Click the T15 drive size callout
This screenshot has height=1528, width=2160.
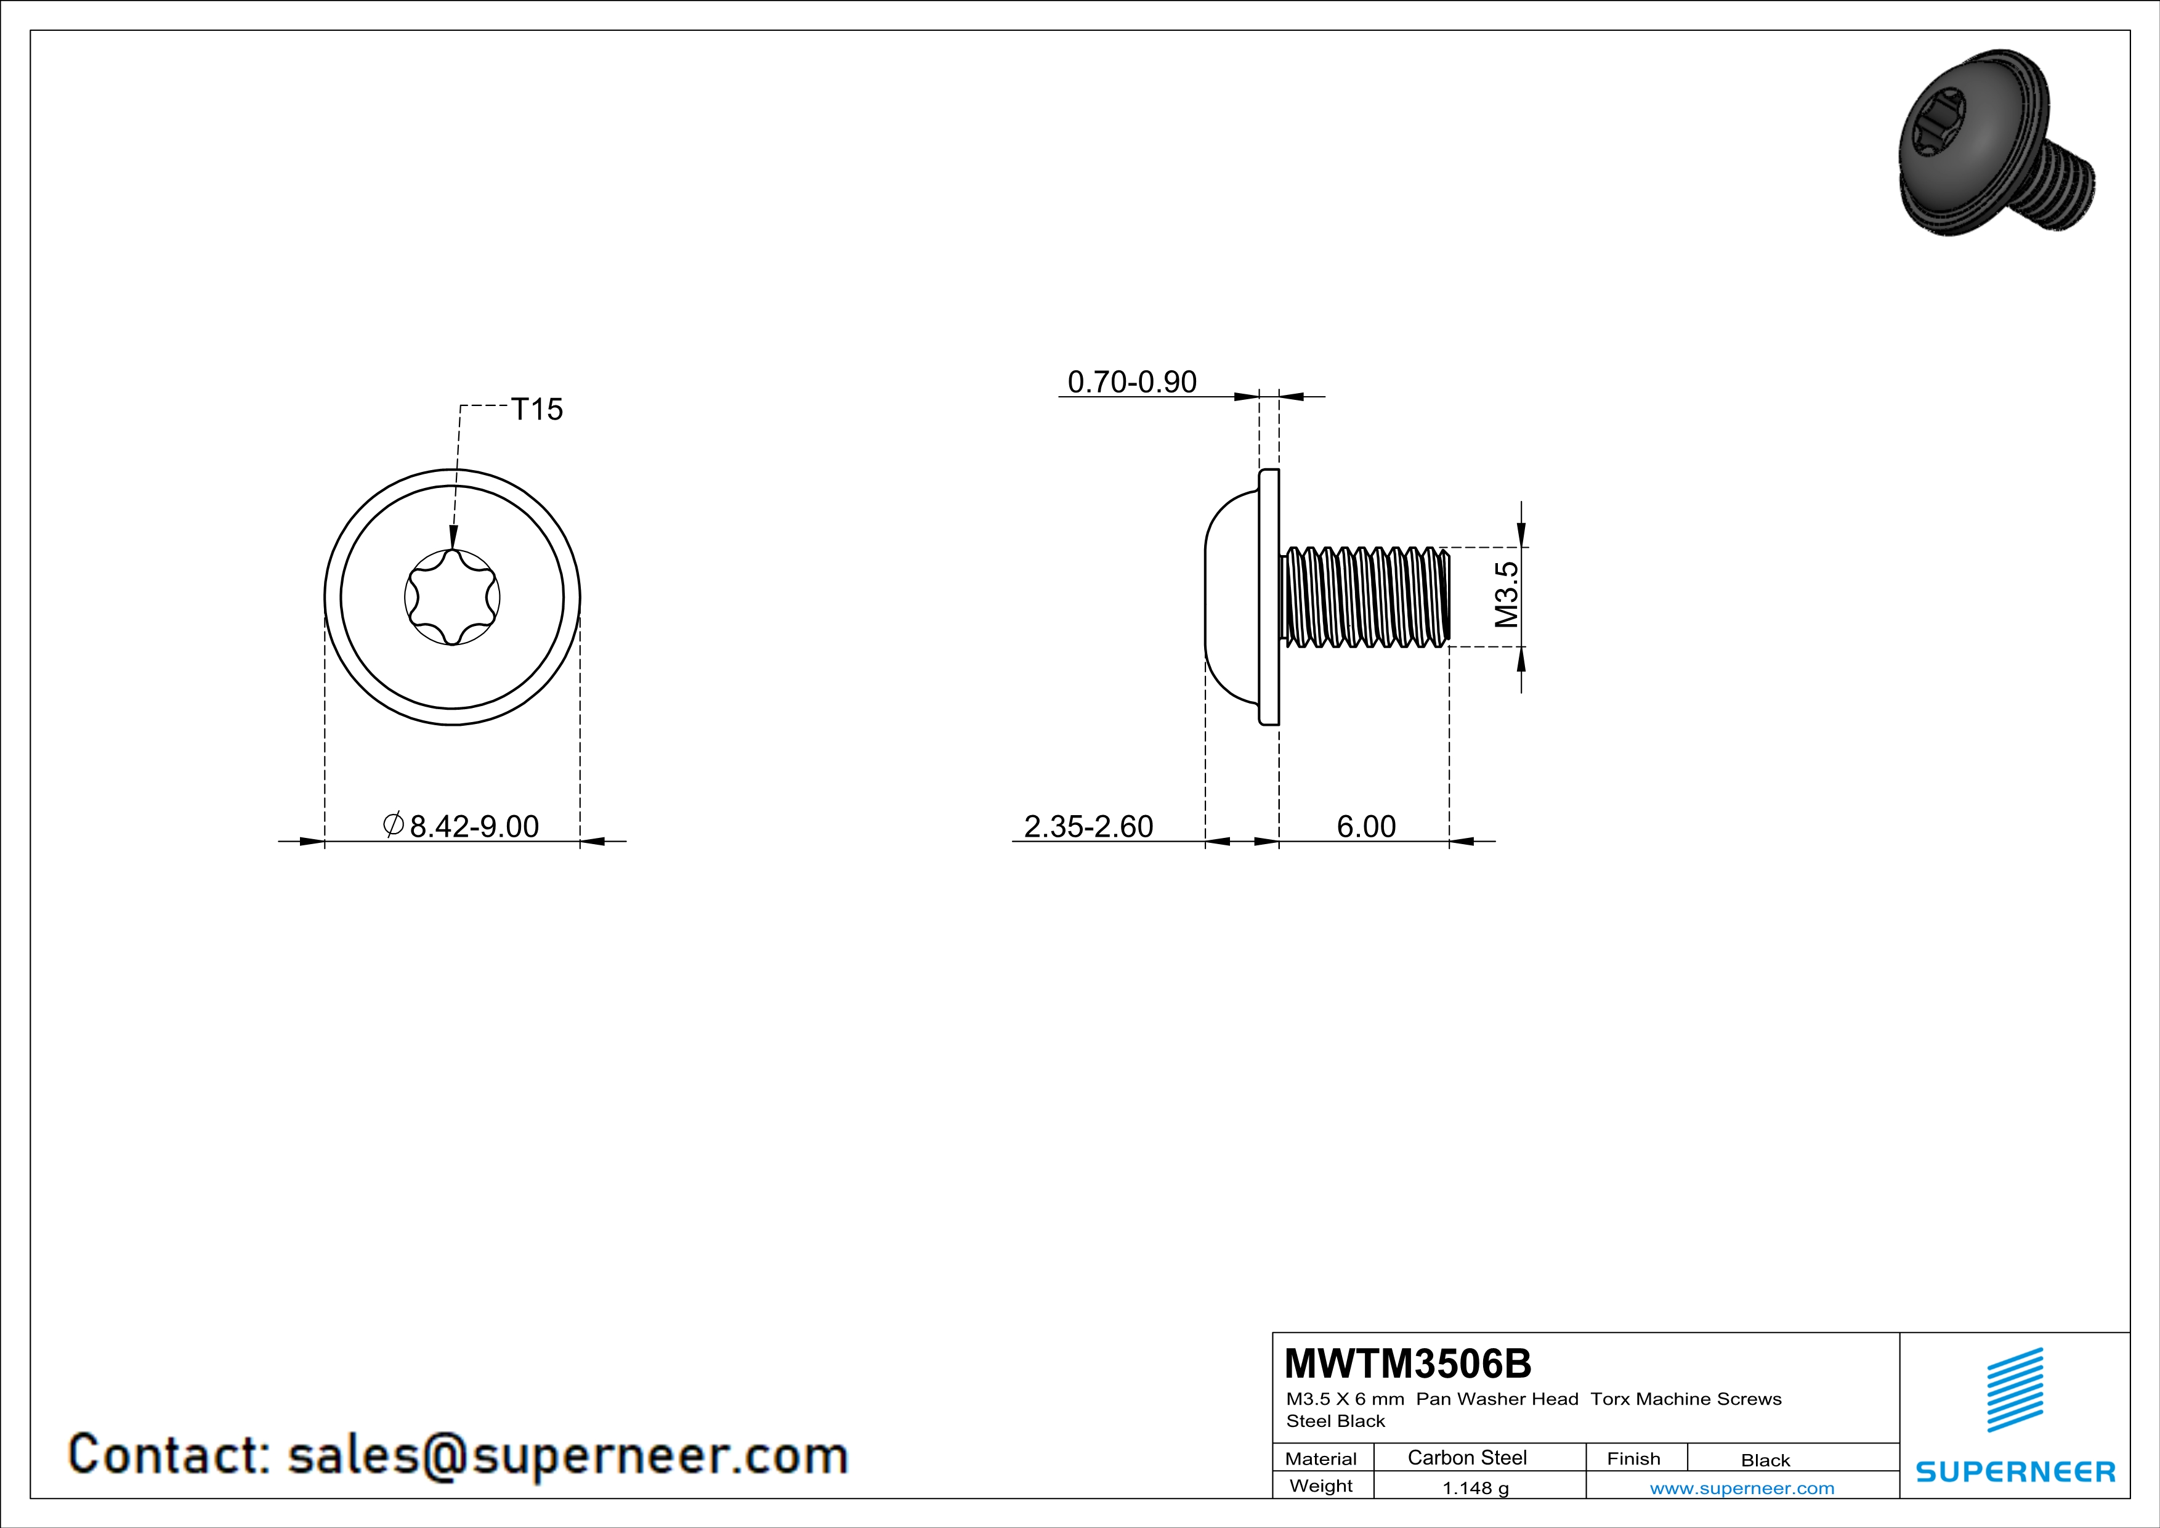[536, 409]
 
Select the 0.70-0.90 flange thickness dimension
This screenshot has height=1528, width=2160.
[1132, 382]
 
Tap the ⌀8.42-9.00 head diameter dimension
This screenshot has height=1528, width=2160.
[461, 826]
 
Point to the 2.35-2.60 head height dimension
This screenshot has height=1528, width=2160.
[1088, 826]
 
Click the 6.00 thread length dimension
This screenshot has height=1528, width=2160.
[1366, 826]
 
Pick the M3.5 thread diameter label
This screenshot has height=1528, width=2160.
[1506, 595]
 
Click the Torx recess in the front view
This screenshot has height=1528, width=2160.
[453, 598]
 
